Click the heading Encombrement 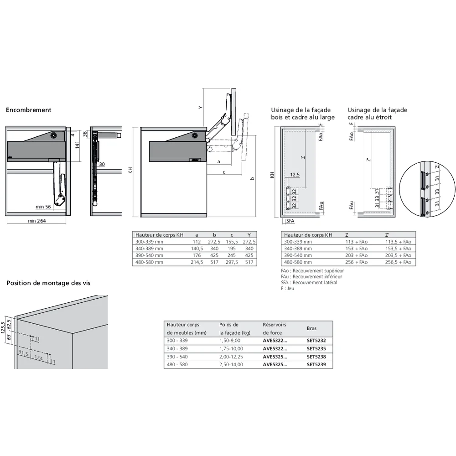pos(28,110)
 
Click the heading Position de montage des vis pos(48,283)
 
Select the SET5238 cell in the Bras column pos(316,357)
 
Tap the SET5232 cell pos(316,340)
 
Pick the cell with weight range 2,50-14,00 pos(231,365)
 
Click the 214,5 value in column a pos(197,262)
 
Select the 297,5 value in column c pos(231,262)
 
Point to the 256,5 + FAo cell pos(398,262)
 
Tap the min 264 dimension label pos(37,221)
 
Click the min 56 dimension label pos(43,207)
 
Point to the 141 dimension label pos(78,145)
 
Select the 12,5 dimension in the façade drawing pos(295,175)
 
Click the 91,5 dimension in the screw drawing pos(23,353)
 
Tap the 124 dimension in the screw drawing pos(38,358)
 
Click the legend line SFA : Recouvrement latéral pos(309,282)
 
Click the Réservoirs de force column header pos(274,329)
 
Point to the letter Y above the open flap pos(200,107)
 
